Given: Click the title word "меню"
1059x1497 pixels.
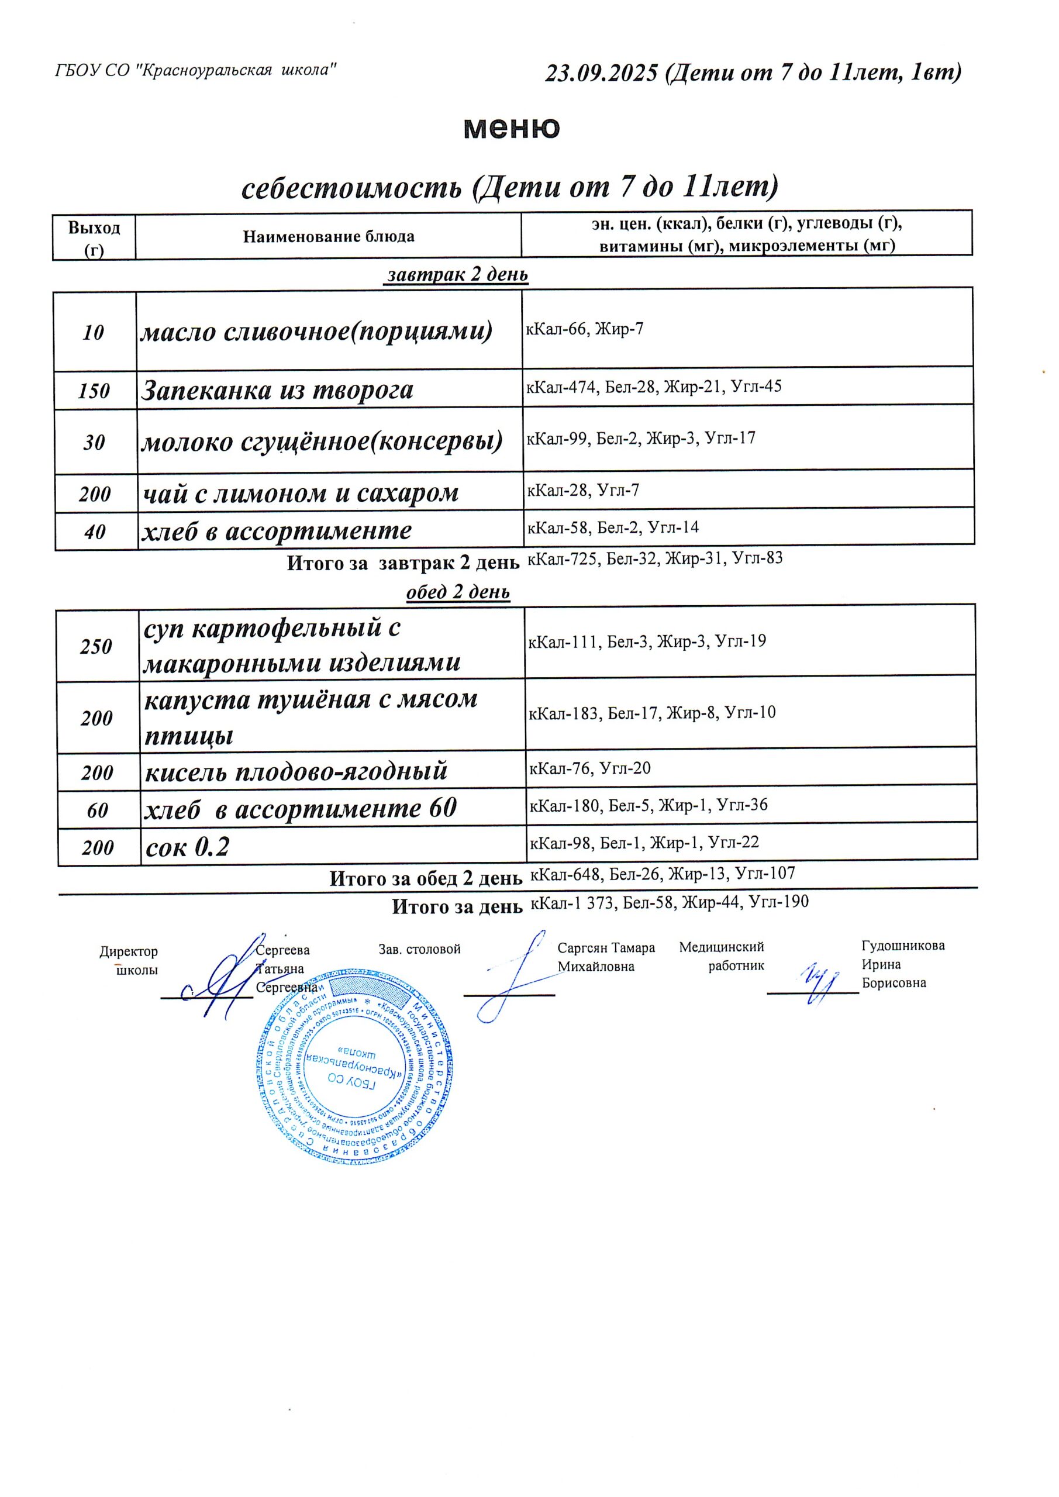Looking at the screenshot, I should (511, 128).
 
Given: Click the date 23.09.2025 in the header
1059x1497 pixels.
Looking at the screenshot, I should (601, 73).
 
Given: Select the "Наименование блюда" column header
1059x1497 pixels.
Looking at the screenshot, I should (329, 236).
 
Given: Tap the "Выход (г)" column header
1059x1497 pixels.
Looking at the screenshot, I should (94, 237).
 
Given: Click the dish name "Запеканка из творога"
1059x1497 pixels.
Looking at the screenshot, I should (277, 391).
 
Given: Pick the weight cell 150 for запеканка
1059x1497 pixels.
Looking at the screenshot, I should (94, 391).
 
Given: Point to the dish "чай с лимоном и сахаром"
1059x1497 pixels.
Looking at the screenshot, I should (301, 493).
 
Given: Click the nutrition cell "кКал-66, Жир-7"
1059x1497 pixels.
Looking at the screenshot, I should (584, 329).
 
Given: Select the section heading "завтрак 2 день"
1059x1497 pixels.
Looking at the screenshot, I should (457, 274).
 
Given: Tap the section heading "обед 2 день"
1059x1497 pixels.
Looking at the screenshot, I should (458, 592).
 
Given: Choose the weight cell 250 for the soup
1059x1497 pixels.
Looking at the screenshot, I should (96, 646).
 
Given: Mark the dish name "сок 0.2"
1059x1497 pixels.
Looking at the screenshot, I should (187, 847).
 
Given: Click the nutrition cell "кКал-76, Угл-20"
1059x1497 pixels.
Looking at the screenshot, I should (589, 768).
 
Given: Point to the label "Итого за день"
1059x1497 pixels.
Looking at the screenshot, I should (457, 907).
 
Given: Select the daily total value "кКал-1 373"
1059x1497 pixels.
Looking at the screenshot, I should (573, 902).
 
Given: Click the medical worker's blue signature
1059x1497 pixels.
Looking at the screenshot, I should (816, 981).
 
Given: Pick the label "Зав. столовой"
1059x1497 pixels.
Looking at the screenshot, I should (419, 948).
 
